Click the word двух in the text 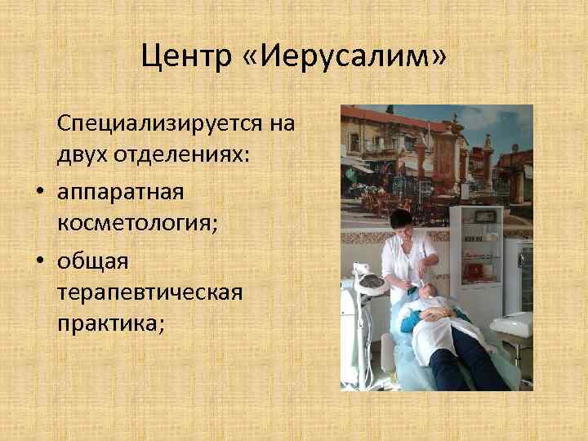pyautogui.click(x=84, y=156)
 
